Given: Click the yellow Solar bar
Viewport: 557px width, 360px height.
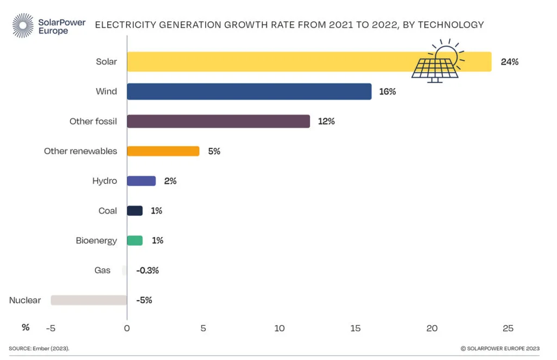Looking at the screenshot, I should tap(272, 61).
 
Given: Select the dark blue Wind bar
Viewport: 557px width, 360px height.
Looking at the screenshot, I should tap(249, 91).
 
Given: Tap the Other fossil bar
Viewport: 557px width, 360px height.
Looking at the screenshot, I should tap(218, 121).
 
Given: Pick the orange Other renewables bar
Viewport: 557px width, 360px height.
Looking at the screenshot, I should tap(163, 151).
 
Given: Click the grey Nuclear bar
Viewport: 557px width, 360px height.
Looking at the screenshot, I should tap(89, 300).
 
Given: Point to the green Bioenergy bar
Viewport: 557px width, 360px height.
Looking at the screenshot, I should tap(134, 240).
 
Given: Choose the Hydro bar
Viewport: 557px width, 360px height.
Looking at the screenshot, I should tap(141, 181).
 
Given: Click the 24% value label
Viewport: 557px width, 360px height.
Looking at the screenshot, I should tap(510, 62).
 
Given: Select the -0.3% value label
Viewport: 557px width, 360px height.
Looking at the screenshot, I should tap(147, 270).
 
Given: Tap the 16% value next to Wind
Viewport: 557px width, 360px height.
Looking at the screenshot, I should tap(387, 92).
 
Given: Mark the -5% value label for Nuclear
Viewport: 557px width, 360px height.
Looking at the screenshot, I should tap(144, 300).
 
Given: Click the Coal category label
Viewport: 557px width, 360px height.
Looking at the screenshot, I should tap(108, 211).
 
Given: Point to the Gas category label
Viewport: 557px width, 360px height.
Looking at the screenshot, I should tap(102, 270).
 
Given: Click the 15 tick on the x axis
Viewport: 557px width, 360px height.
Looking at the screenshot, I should tap(356, 328).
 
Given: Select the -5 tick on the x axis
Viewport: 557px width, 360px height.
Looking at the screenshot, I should tap(51, 328).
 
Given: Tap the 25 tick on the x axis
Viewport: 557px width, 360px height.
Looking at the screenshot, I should tap(508, 328).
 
